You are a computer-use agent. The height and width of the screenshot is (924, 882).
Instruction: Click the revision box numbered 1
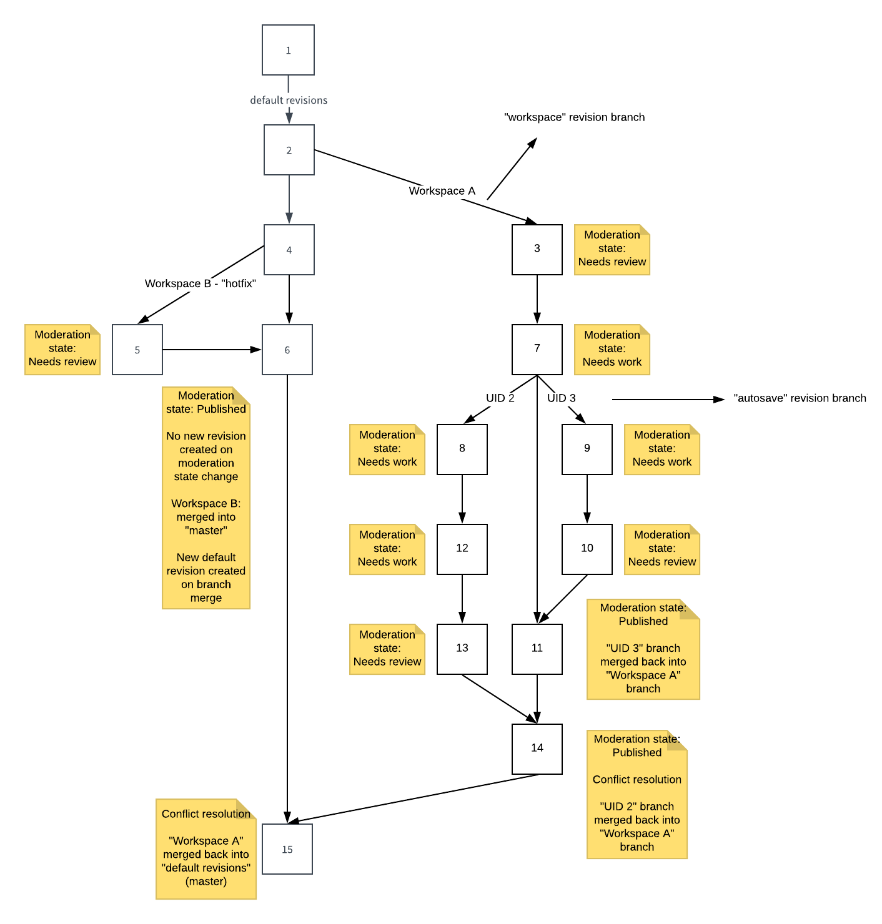(x=288, y=50)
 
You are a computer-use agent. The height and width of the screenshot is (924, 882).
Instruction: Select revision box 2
(x=289, y=150)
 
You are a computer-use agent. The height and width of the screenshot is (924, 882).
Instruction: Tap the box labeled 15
(x=287, y=849)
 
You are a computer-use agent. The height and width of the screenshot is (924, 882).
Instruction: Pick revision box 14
(x=537, y=749)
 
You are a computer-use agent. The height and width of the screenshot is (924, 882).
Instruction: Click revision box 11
(x=537, y=649)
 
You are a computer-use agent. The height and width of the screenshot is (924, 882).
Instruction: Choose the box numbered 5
(x=137, y=350)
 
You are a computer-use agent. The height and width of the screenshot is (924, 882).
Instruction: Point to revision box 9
(x=587, y=449)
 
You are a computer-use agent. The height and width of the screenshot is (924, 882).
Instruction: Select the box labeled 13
(x=462, y=649)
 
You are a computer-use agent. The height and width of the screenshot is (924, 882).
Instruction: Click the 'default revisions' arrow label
(x=289, y=100)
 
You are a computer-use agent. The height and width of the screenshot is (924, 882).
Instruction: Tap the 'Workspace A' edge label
(x=442, y=191)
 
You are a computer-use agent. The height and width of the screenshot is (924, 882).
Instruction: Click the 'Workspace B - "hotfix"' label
(x=201, y=283)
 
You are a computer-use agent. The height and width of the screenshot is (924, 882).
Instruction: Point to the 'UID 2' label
(x=500, y=398)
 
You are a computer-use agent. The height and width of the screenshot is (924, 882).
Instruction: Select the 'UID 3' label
(x=562, y=398)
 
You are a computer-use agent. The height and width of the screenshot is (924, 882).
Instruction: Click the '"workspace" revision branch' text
(x=574, y=117)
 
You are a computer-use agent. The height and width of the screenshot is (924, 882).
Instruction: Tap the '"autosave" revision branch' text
(x=800, y=398)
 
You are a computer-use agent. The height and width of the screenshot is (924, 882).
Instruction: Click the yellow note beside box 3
(x=612, y=249)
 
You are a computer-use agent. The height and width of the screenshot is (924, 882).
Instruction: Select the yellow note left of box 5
(x=62, y=349)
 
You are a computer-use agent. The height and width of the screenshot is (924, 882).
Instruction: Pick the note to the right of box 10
(x=661, y=549)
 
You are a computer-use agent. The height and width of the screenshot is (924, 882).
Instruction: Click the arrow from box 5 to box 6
(x=212, y=350)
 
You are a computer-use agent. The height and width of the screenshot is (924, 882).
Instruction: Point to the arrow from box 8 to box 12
(x=462, y=499)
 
